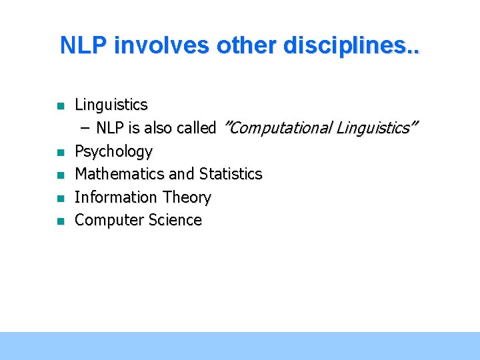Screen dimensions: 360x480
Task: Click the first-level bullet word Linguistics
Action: tap(111, 105)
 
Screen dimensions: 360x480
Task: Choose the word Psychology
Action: tap(114, 152)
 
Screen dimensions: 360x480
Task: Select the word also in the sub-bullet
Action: tap(157, 128)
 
